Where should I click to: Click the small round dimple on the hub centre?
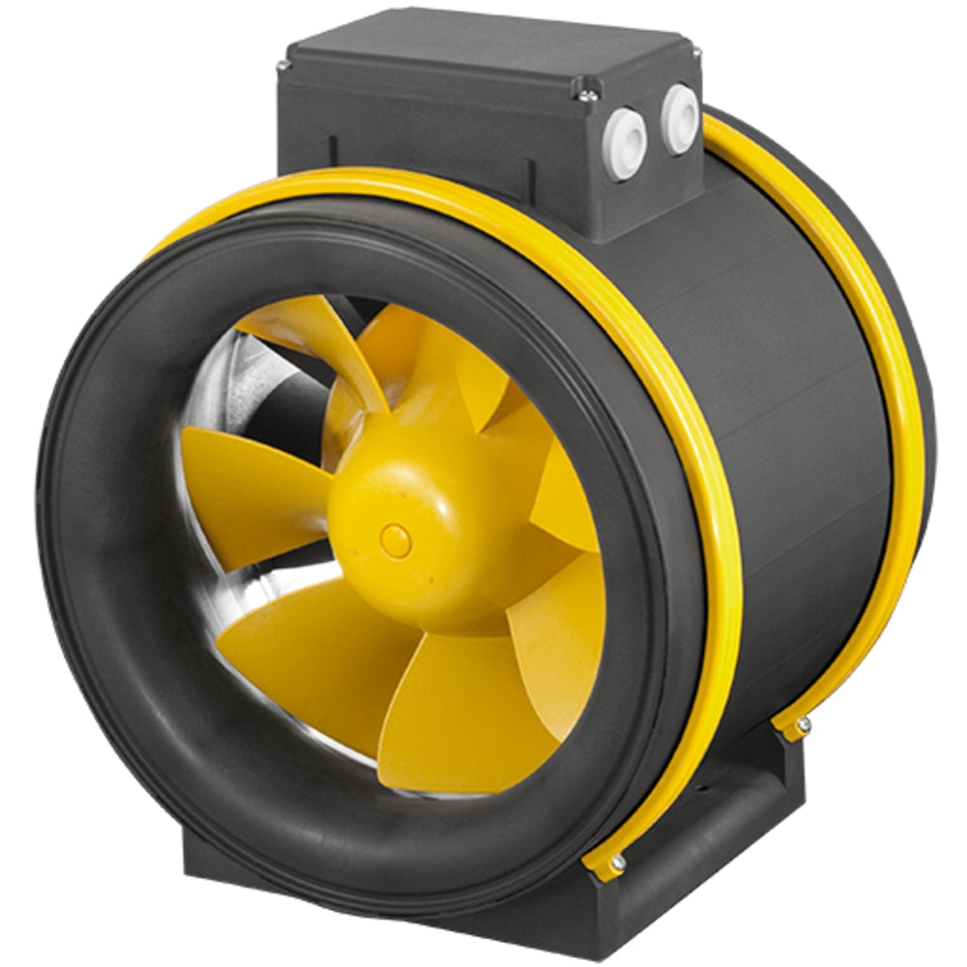tap(396, 540)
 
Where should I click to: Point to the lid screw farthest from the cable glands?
tap(282, 66)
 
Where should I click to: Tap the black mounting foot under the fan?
tap(677, 851)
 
